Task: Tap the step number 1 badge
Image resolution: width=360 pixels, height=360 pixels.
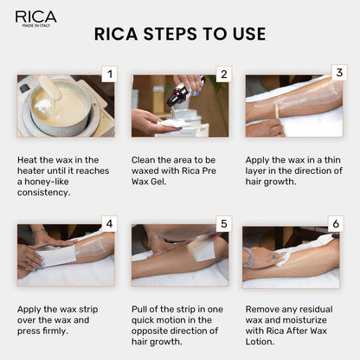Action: click(x=108, y=74)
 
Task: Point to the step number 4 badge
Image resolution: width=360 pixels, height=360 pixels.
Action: click(x=108, y=224)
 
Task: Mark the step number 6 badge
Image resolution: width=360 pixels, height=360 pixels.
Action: click(x=336, y=224)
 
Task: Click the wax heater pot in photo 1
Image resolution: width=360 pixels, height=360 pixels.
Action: click(x=57, y=108)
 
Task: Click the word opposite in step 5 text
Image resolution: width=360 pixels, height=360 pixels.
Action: click(x=152, y=331)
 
